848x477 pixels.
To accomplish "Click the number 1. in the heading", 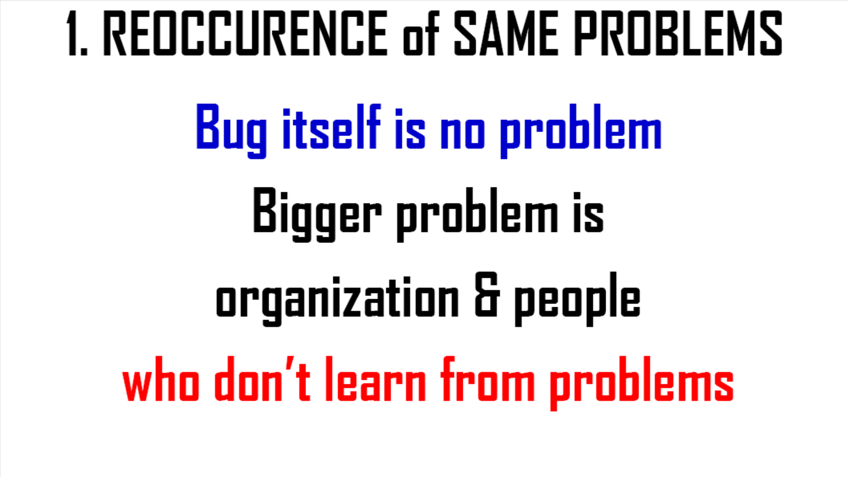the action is [x=77, y=34].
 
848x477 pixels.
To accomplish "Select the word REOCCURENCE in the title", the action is [x=246, y=34].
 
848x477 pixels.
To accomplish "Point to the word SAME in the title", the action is [x=506, y=34].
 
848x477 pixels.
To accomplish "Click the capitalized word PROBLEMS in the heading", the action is [x=678, y=34].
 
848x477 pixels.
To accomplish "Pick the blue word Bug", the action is [x=231, y=131].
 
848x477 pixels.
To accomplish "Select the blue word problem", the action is [x=580, y=131].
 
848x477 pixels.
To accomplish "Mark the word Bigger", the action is [x=317, y=215].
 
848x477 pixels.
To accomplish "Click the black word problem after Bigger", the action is [x=477, y=215].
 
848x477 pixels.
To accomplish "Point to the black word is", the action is [x=589, y=212].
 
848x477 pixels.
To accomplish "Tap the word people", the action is [x=577, y=299].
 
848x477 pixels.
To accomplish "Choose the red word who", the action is [x=161, y=378].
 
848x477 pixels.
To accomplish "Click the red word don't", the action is [x=262, y=378].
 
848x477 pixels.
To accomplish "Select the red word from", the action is [x=488, y=378].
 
